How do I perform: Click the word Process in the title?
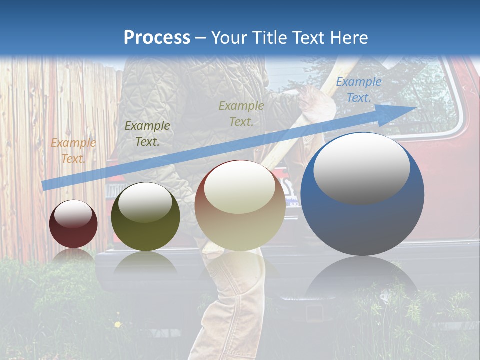pyautogui.click(x=157, y=37)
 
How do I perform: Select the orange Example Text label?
pyautogui.click(x=73, y=151)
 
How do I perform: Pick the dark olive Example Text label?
pyautogui.click(x=147, y=134)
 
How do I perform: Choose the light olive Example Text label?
pyautogui.click(x=241, y=113)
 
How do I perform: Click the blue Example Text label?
pyautogui.click(x=358, y=90)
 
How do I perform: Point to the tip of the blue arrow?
pyautogui.click(x=416, y=107)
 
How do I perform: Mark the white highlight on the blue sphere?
pyautogui.click(x=361, y=167)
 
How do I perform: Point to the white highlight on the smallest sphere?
pyautogui.click(x=73, y=214)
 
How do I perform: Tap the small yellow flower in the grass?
pyautogui.click(x=118, y=325)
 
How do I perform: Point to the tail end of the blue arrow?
pyautogui.click(x=44, y=185)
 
